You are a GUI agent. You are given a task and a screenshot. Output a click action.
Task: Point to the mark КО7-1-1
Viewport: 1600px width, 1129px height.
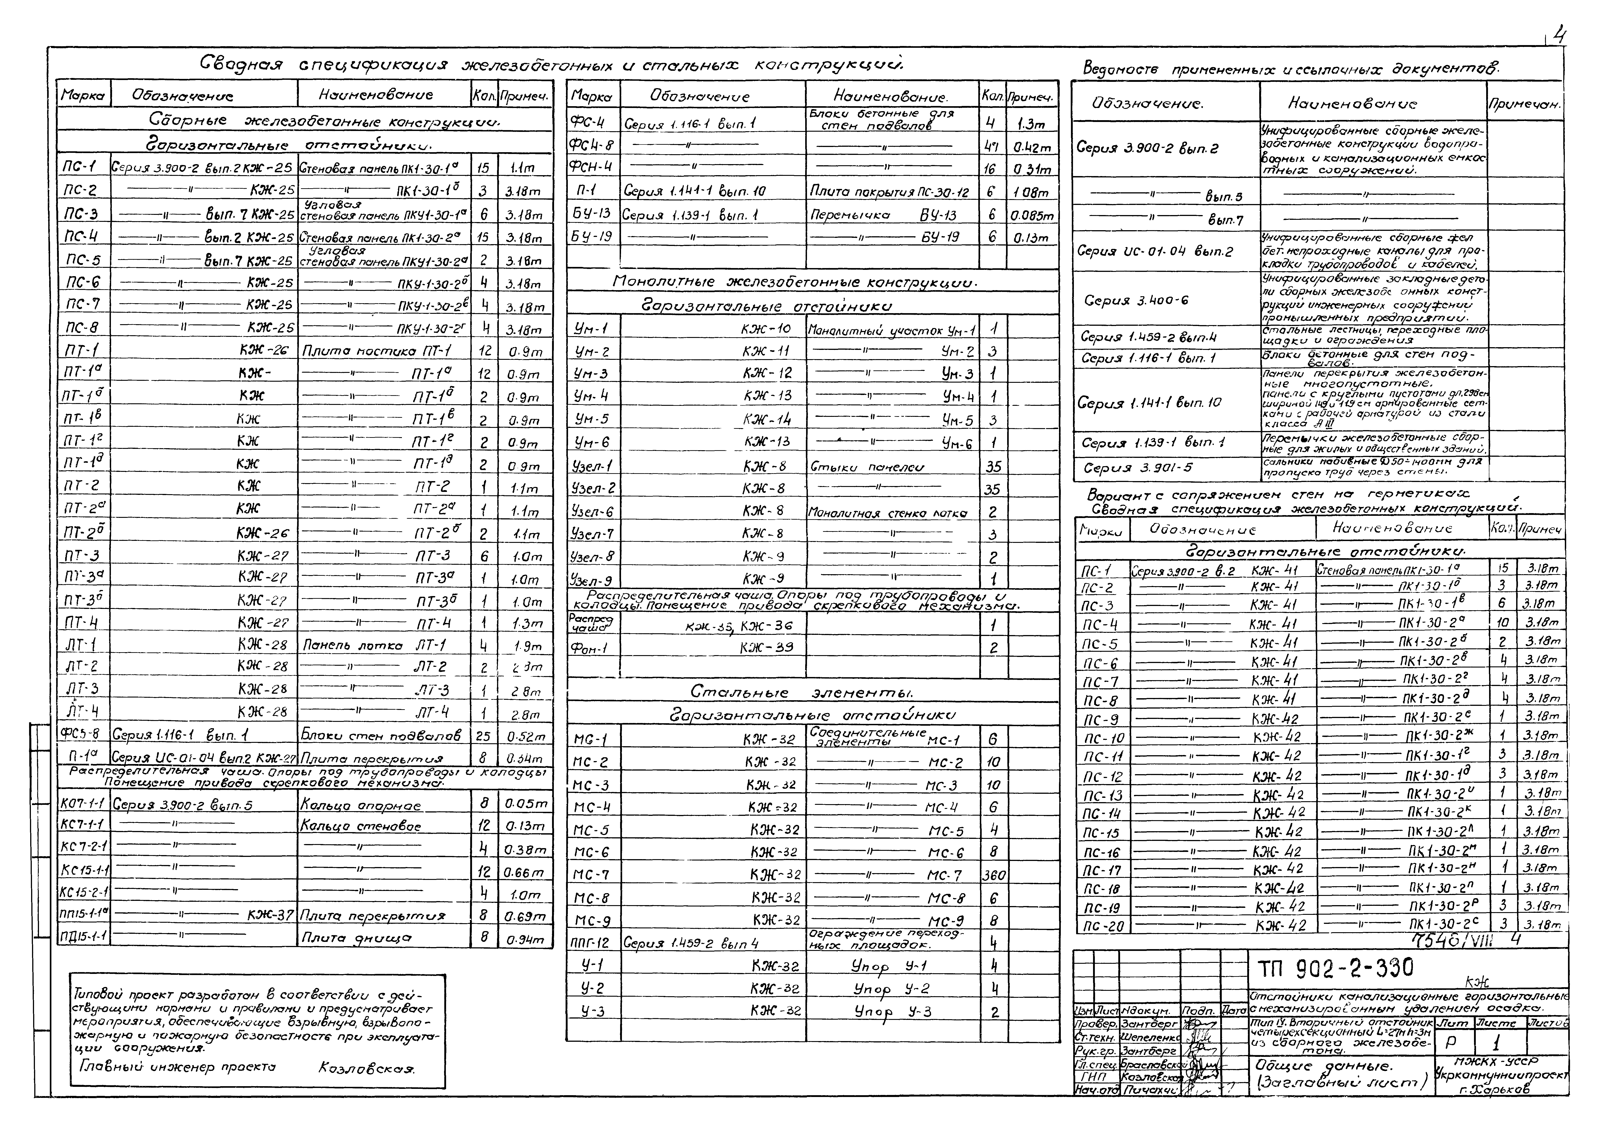pyautogui.click(x=82, y=804)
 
